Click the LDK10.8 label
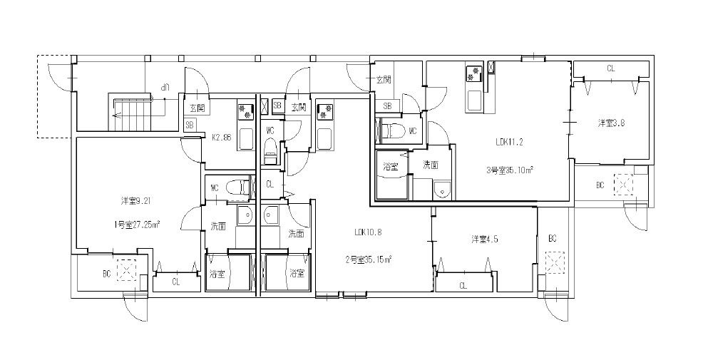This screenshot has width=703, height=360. tap(369, 232)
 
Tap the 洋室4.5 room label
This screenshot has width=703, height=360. tap(484, 239)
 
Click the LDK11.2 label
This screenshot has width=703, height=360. tap(510, 142)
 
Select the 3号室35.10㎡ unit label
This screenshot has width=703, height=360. tap(510, 170)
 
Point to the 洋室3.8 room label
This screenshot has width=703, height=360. tap(611, 123)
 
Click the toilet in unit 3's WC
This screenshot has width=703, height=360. tap(391, 130)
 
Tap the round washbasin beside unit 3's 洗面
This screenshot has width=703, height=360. tap(442, 190)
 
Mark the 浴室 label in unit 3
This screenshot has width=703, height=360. tap(390, 167)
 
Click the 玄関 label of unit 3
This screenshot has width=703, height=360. tap(383, 80)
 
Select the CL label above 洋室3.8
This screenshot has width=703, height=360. tap(611, 68)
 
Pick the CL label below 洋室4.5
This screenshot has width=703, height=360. tap(463, 286)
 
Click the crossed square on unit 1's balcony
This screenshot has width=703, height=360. tap(128, 272)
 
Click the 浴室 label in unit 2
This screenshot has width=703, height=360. tap(297, 273)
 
